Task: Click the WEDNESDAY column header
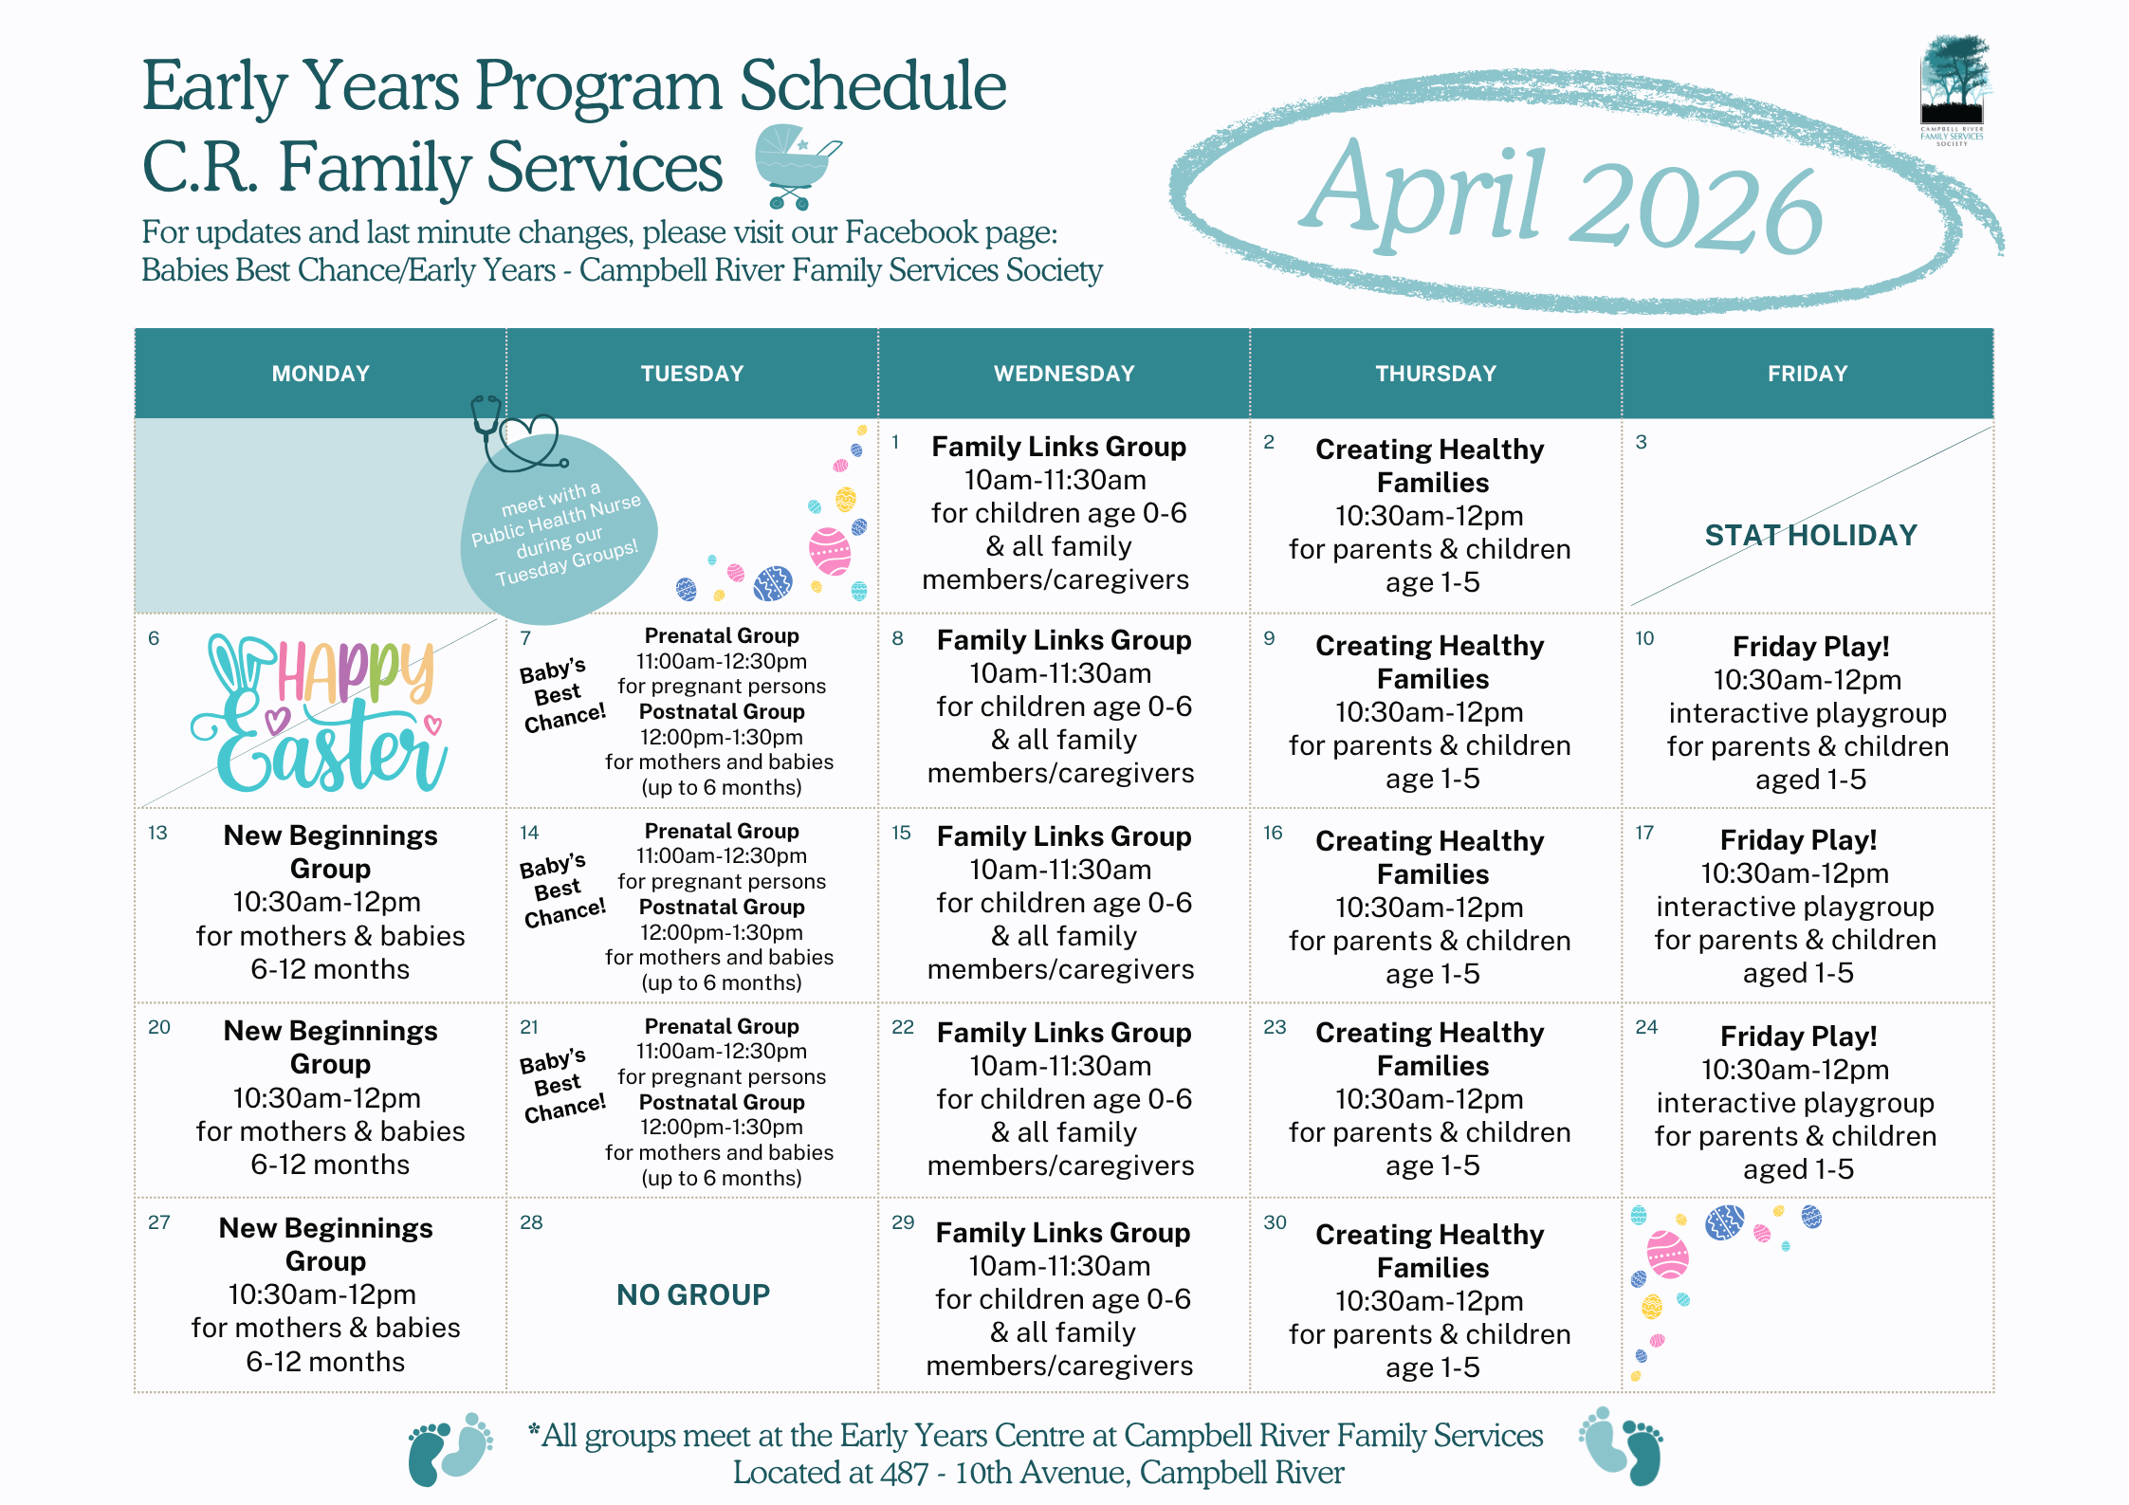tap(1063, 374)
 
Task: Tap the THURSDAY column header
tap(1435, 374)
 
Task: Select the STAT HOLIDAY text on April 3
tap(1810, 536)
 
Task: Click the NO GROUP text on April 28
tap(693, 1294)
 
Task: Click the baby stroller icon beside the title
tap(795, 167)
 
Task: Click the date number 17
tap(1644, 834)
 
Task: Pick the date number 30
tap(1275, 1223)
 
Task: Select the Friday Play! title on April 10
tap(1810, 647)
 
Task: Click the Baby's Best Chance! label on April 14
tap(561, 890)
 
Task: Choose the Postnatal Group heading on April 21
tap(722, 1102)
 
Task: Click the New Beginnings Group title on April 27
tap(325, 1244)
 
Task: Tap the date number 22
tap(903, 1028)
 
